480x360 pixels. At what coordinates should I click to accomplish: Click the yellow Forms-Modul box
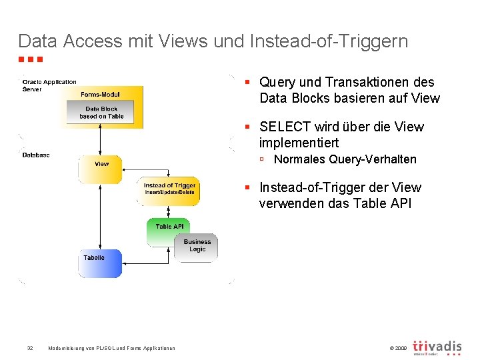pos(101,93)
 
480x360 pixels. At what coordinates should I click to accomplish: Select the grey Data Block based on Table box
pos(101,113)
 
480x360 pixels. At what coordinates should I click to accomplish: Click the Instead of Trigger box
pos(170,189)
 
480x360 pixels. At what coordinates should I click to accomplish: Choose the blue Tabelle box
pos(100,263)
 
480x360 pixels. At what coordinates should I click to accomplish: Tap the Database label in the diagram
pos(36,155)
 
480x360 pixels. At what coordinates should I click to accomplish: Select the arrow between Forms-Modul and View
pos(100,141)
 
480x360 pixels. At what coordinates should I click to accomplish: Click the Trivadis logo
pos(437,347)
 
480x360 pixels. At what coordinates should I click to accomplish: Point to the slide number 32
pos(30,348)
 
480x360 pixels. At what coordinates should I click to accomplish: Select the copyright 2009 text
pos(396,348)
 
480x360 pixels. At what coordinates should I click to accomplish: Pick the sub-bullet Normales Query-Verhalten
pos(345,159)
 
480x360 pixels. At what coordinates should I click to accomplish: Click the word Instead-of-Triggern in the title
pos(329,41)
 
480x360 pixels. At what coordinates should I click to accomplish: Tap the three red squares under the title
pos(31,60)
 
